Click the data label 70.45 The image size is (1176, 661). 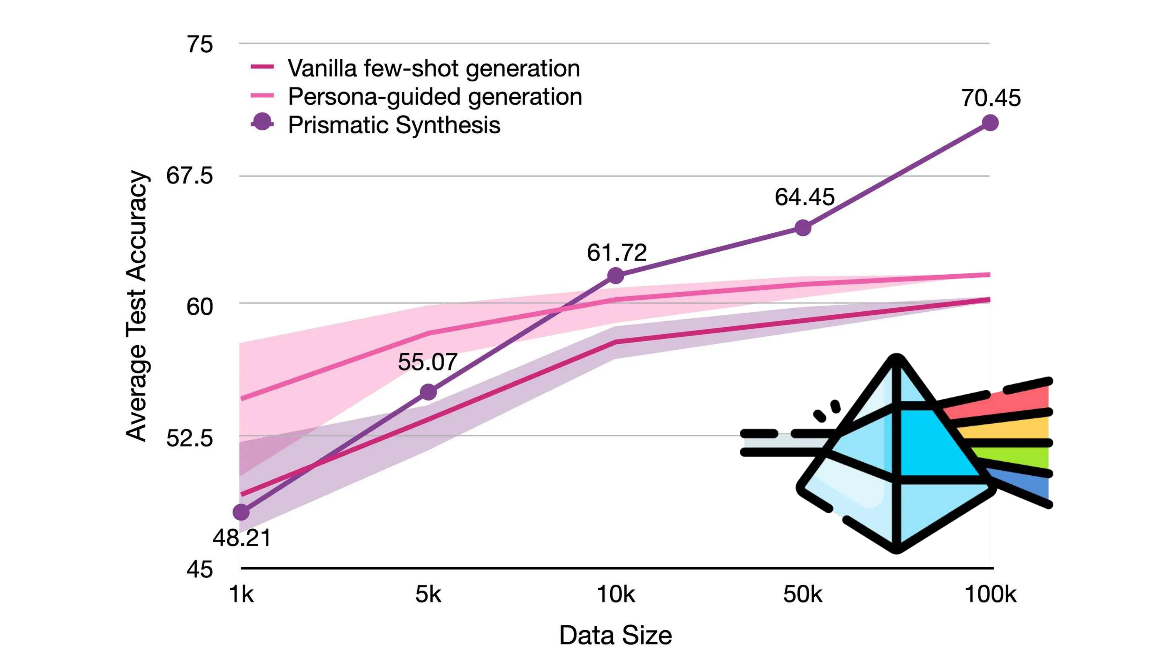pos(991,98)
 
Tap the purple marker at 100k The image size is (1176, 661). pos(990,123)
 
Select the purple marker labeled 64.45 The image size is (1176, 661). pos(803,228)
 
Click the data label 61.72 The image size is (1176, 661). pos(617,253)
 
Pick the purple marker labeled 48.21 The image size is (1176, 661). pos(241,512)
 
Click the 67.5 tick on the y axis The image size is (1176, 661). pos(189,176)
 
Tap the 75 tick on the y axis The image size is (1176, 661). pos(200,44)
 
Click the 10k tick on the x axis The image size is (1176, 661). pos(616,594)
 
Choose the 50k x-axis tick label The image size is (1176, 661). pos(803,594)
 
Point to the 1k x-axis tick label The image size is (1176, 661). pos(241,594)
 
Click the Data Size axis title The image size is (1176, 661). pos(615,635)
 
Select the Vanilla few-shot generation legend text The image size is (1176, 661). pos(434,68)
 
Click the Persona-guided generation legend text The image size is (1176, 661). pos(435,97)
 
